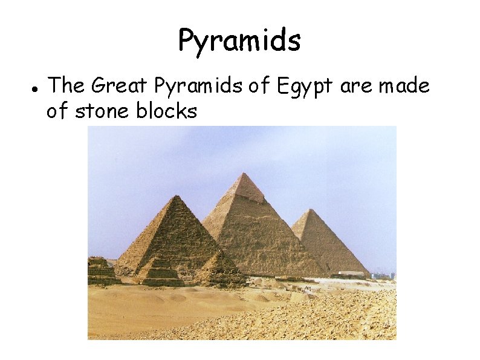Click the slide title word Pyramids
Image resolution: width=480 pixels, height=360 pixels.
pyautogui.click(x=239, y=41)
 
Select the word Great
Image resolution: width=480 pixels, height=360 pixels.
pyautogui.click(x=119, y=86)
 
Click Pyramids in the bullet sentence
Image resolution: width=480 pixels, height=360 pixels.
pyautogui.click(x=199, y=87)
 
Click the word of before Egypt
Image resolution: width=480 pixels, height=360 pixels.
pyautogui.click(x=260, y=86)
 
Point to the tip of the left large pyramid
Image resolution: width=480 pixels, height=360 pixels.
pyautogui.click(x=175, y=196)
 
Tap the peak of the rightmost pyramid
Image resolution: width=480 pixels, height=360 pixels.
pyautogui.click(x=309, y=210)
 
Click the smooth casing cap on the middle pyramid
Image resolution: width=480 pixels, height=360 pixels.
pyautogui.click(x=244, y=188)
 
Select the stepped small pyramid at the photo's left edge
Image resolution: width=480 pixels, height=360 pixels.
pyautogui.click(x=99, y=270)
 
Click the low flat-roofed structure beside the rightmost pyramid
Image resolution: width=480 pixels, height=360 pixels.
pyautogui.click(x=351, y=274)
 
